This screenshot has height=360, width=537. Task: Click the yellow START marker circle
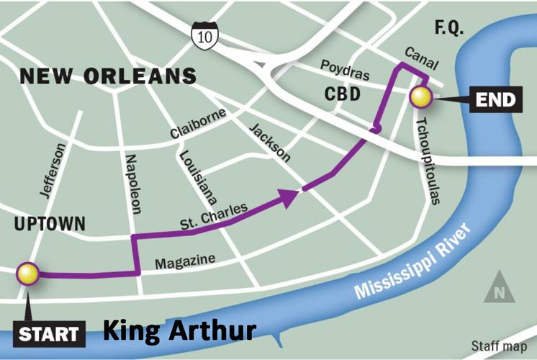(28, 273)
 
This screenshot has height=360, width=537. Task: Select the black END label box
(496, 99)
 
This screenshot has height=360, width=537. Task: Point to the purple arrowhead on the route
(290, 197)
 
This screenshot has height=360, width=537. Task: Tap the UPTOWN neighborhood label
(49, 225)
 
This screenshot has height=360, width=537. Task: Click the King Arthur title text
(179, 331)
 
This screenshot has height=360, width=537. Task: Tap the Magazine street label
(189, 258)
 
